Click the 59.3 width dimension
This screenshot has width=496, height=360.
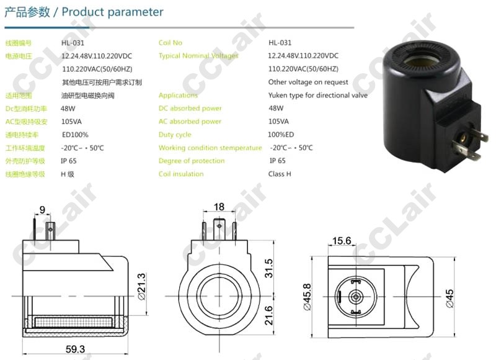pyautogui.click(x=75, y=349)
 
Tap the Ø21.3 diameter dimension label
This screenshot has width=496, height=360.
pyautogui.click(x=142, y=287)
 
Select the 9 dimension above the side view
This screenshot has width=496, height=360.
pyautogui.click(x=42, y=210)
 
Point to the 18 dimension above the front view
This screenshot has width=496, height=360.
pyautogui.click(x=219, y=207)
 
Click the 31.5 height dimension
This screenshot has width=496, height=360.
pyautogui.click(x=268, y=268)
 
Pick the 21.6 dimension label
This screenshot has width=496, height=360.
pyautogui.click(x=268, y=315)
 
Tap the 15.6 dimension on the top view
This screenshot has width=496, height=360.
pyautogui.click(x=342, y=241)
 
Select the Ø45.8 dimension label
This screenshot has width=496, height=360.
pyautogui.click(x=307, y=297)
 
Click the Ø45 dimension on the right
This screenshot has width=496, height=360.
pyautogui.click(x=449, y=299)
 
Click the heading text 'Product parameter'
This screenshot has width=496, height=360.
pyautogui.click(x=112, y=12)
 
